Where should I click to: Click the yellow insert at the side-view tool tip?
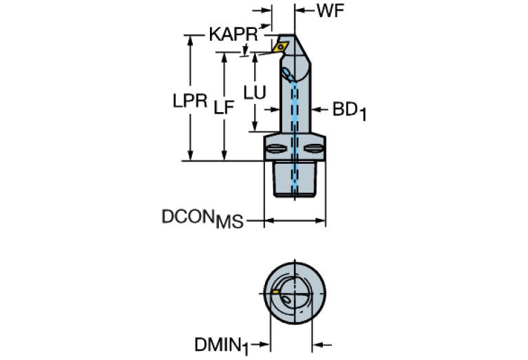click(280, 47)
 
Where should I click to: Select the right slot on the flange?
click(315, 148)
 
